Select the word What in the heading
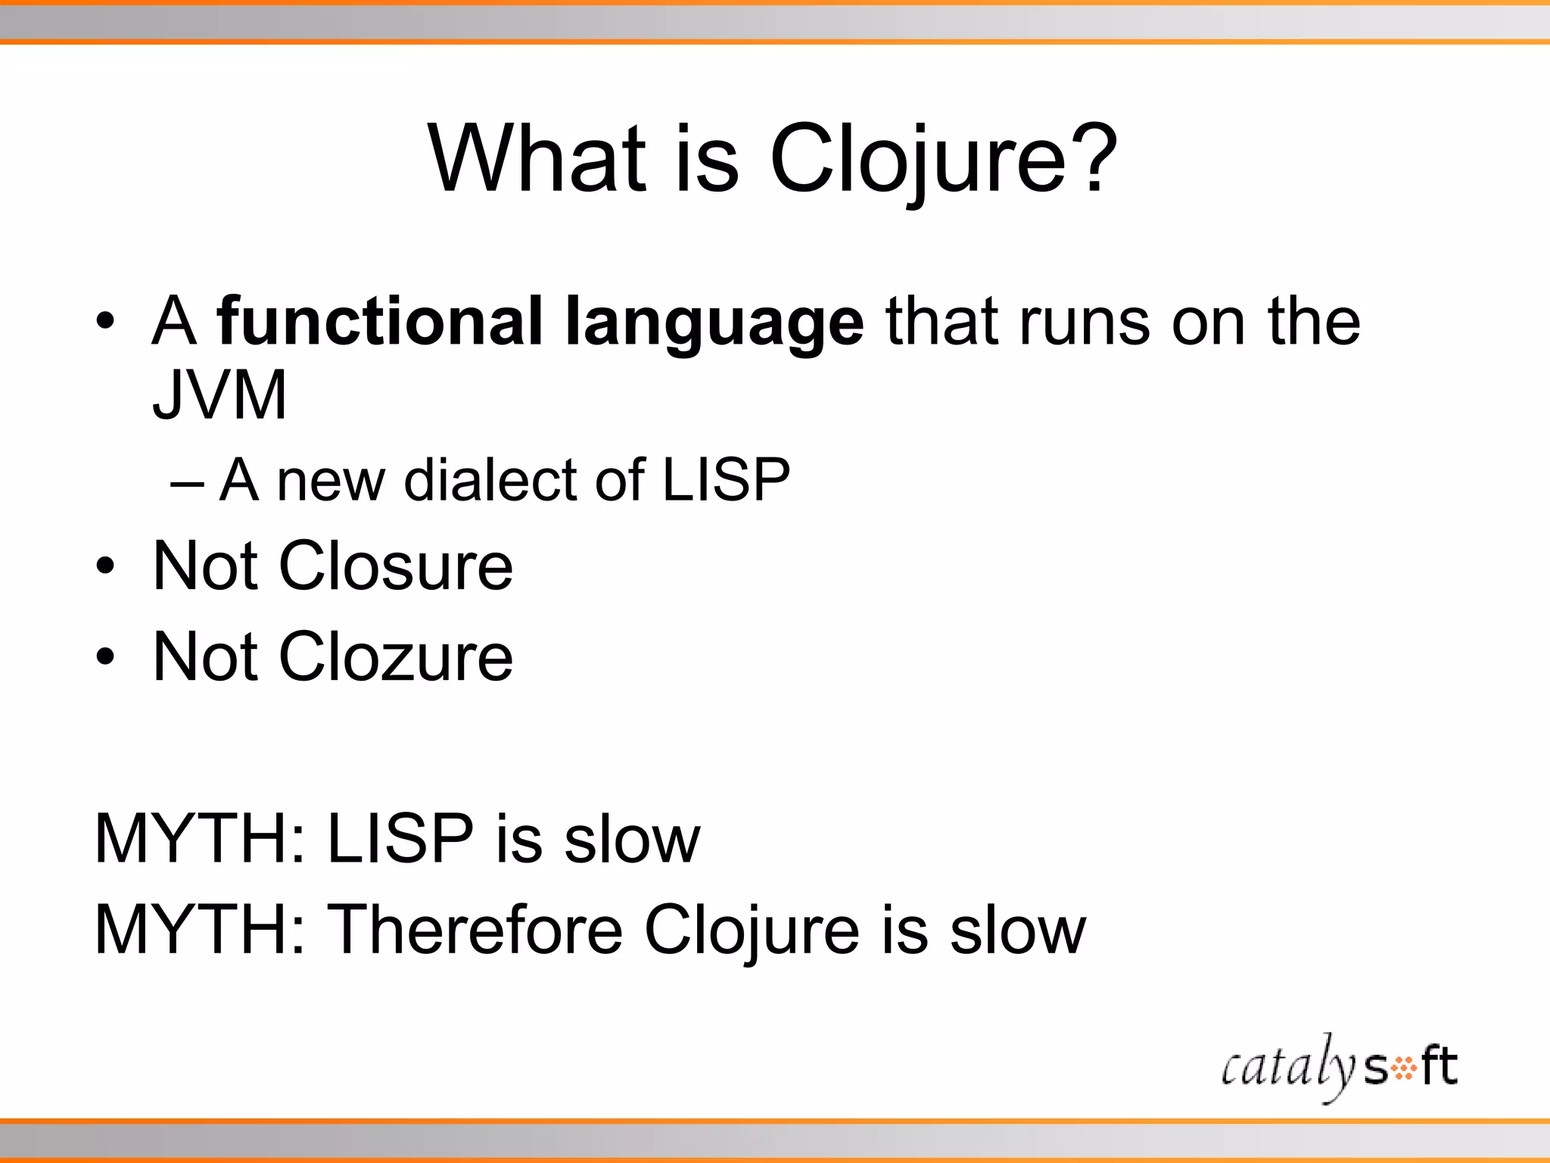point(538,159)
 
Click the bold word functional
point(379,322)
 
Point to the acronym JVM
point(219,394)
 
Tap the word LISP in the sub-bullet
point(726,480)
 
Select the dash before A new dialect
point(187,482)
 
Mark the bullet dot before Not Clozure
point(105,657)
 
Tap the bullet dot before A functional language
point(105,323)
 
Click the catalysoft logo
point(1339,1068)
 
